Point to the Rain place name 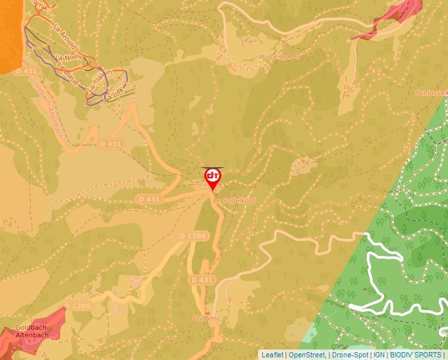point(250,40)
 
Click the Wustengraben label point(280,57)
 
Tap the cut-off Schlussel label point(432,93)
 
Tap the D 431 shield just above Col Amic point(202,280)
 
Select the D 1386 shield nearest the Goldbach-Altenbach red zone point(78,306)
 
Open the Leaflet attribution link point(273,355)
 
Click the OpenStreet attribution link point(307,355)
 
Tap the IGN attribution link point(379,355)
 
